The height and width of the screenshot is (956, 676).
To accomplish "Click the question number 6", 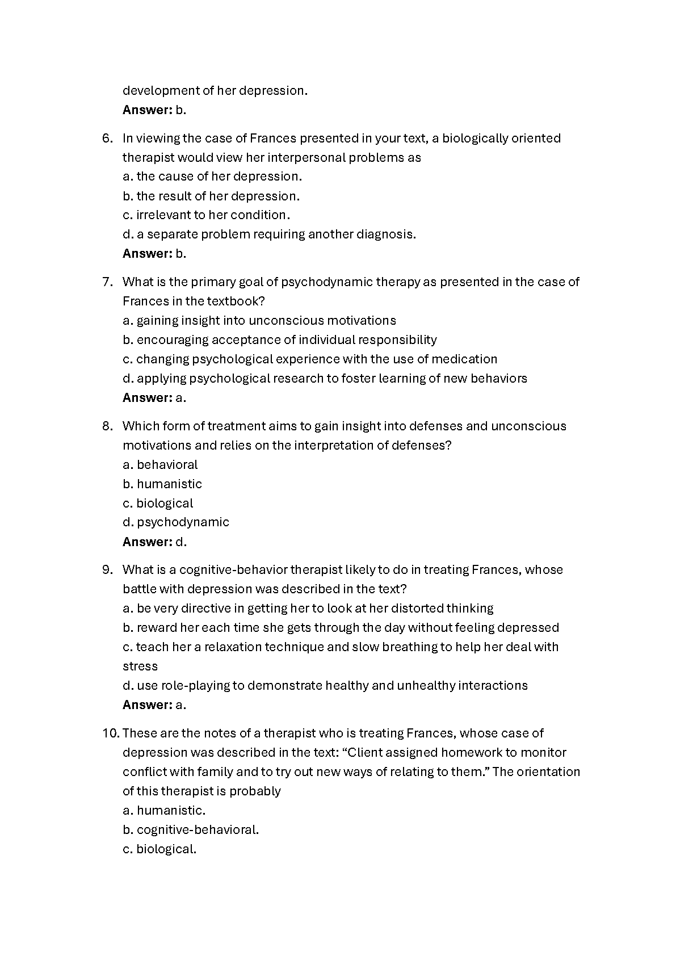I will (107, 139).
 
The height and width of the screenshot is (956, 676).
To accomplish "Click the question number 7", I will (107, 282).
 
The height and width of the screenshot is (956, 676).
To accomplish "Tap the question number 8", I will (107, 426).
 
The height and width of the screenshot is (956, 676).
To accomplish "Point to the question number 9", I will (107, 570).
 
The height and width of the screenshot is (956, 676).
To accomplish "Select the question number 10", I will (110, 733).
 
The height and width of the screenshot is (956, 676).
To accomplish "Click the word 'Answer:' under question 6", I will (147, 254).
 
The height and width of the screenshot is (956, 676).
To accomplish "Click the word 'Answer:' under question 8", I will (147, 542).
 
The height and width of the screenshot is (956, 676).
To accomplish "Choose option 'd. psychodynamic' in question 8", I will (176, 522).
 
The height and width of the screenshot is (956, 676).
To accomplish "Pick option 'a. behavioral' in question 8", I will (160, 465).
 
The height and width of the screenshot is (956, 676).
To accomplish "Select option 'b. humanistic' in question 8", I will (162, 484).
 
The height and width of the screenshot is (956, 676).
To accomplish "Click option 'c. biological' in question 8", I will (158, 504).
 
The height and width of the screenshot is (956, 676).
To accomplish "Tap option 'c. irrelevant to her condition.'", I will (207, 215).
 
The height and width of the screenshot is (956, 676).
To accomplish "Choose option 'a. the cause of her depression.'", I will (212, 177).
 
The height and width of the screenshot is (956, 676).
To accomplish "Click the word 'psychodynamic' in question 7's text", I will (322, 282).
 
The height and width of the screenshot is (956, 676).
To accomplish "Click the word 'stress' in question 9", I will (140, 666).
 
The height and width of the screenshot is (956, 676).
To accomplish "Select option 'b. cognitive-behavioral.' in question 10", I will (191, 830).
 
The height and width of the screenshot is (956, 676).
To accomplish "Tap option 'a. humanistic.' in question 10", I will (164, 811).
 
